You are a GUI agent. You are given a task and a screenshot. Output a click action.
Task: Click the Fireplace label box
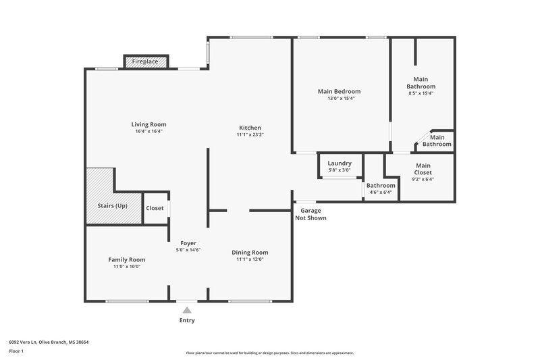click(x=145, y=61)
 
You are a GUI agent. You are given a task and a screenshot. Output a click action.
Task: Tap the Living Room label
click(x=148, y=124)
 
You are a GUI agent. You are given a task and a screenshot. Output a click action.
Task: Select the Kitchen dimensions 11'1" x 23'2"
click(x=250, y=135)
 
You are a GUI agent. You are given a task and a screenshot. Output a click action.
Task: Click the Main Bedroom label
click(x=339, y=91)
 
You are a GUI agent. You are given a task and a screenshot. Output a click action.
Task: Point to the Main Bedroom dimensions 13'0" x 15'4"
click(x=339, y=99)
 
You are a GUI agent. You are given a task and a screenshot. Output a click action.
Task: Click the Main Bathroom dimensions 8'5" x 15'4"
click(x=421, y=93)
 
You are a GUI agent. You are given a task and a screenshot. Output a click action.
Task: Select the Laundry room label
click(x=339, y=163)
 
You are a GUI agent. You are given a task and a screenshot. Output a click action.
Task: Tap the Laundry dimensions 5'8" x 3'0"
click(x=339, y=171)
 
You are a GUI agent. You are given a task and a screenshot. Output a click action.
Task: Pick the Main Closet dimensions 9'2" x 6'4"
click(x=423, y=180)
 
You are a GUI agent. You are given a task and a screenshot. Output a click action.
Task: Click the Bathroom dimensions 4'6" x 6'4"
click(x=381, y=192)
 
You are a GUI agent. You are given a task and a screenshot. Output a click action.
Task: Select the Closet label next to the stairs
click(x=155, y=208)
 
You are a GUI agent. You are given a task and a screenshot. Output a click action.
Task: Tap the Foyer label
click(x=188, y=242)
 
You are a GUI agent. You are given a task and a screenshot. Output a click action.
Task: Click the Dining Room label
click(x=250, y=252)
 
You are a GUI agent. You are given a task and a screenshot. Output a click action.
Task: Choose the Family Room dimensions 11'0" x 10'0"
click(x=127, y=267)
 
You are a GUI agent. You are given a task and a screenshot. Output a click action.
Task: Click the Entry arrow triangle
click(x=187, y=310)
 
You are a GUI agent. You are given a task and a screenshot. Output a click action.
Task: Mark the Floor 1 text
click(x=17, y=352)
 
